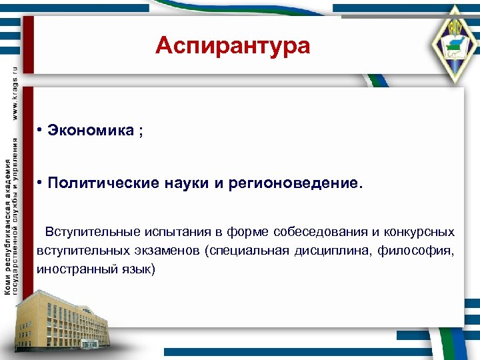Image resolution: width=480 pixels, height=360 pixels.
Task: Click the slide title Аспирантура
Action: [x=233, y=46]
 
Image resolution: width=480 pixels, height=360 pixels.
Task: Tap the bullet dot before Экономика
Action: [x=41, y=130]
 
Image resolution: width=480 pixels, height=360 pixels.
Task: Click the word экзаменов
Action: [x=169, y=251]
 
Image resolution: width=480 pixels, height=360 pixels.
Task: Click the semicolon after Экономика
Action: [x=140, y=131]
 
